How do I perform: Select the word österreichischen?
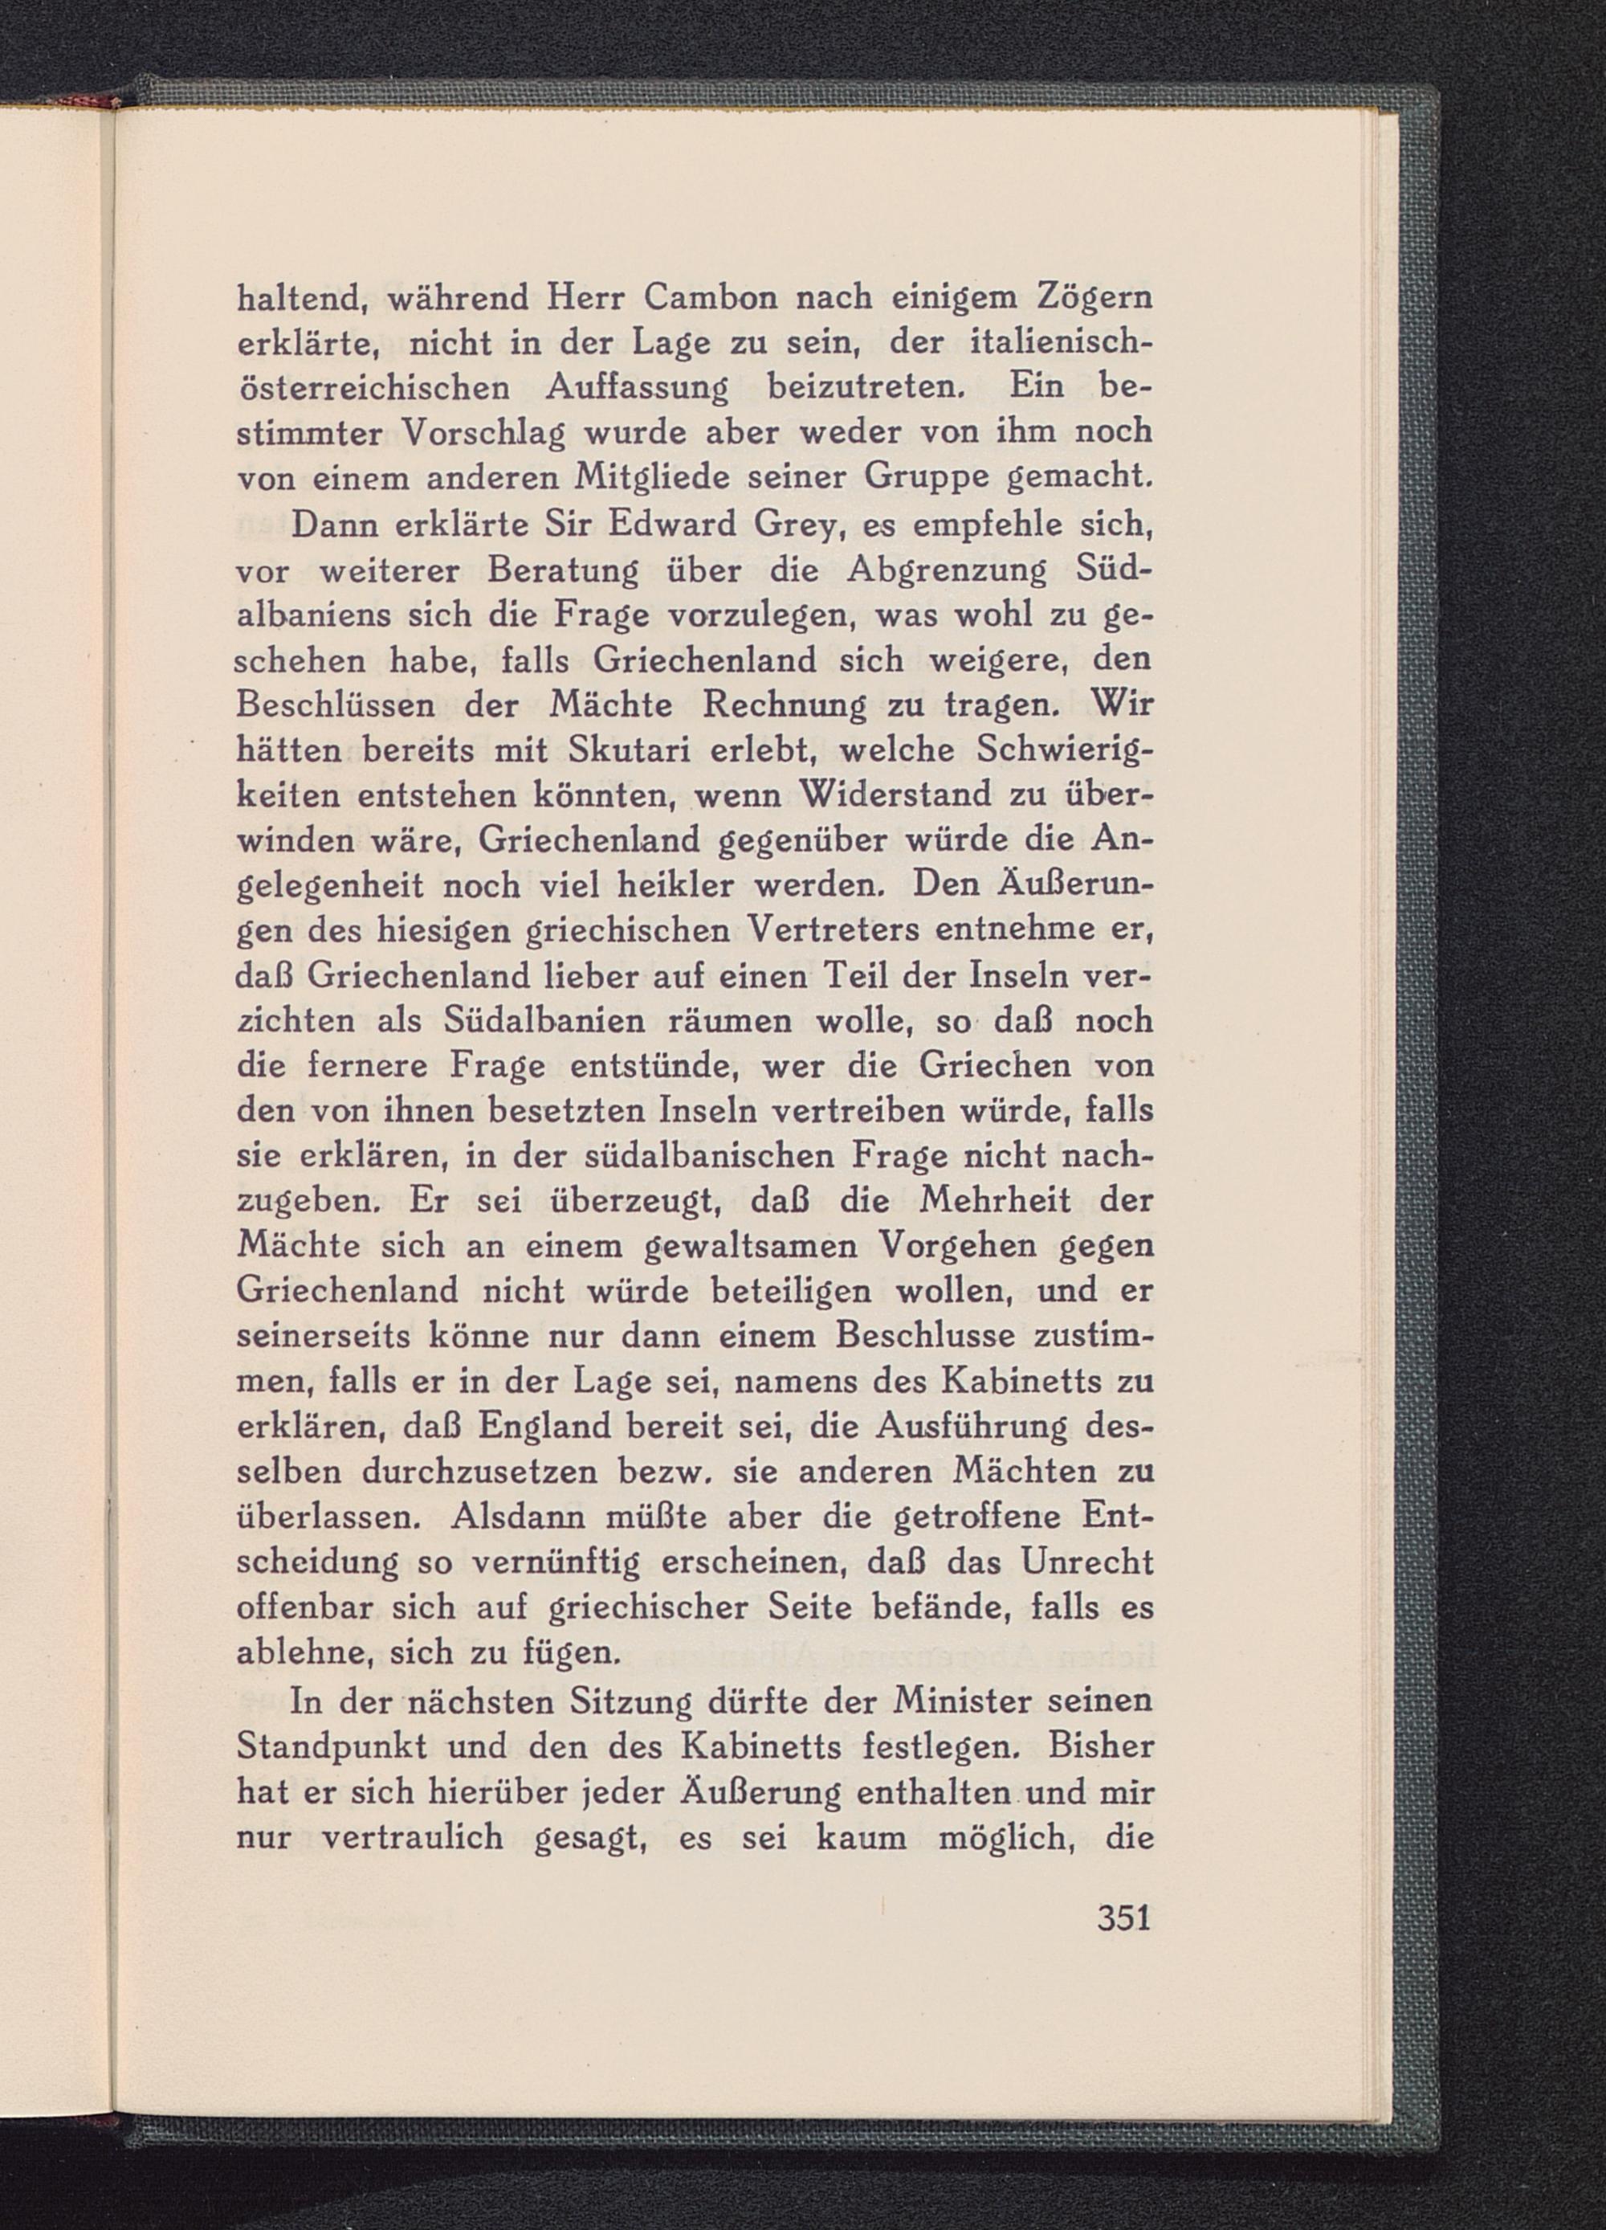(373, 387)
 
